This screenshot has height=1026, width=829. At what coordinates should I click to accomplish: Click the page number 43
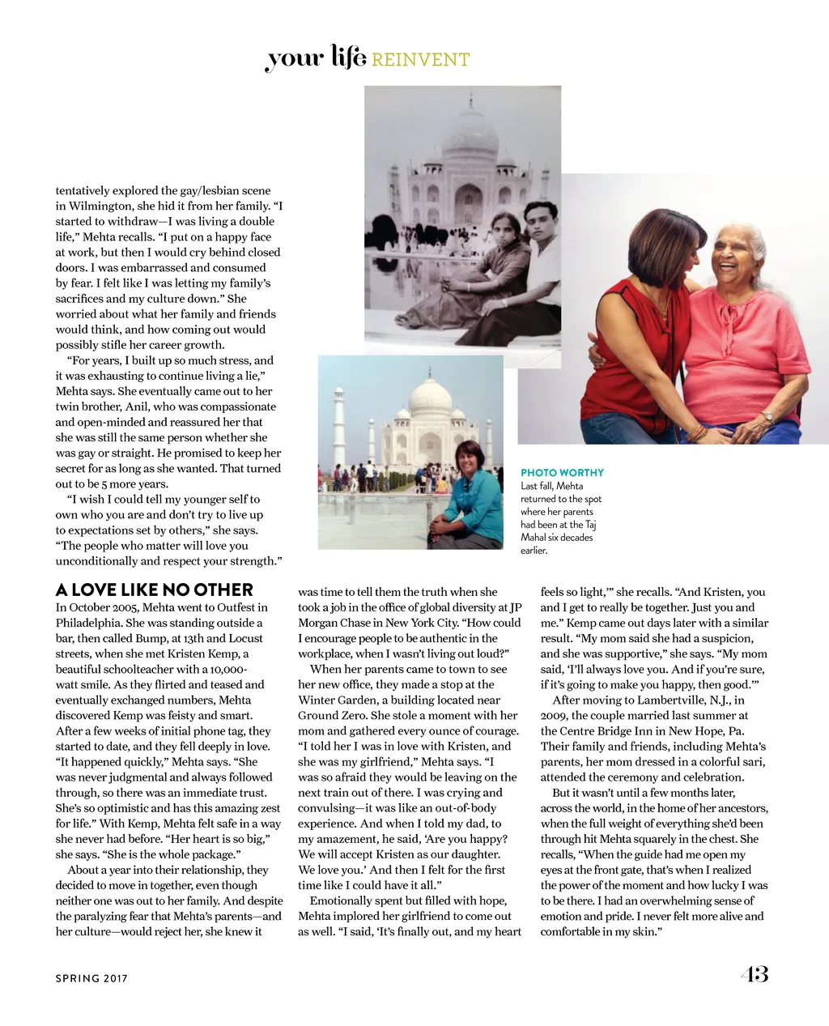pyautogui.click(x=754, y=974)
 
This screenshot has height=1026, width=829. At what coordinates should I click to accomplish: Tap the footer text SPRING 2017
pyautogui.click(x=91, y=978)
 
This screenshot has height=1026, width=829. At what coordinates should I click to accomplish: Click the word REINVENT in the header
pyautogui.click(x=421, y=60)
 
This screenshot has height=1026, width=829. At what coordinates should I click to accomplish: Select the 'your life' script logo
pyautogui.click(x=316, y=58)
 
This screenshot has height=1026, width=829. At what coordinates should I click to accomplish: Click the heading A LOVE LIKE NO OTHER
pyautogui.click(x=155, y=590)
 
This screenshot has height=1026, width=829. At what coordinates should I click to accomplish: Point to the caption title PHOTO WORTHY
pyautogui.click(x=562, y=473)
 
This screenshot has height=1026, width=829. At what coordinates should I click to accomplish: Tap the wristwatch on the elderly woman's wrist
pyautogui.click(x=767, y=417)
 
